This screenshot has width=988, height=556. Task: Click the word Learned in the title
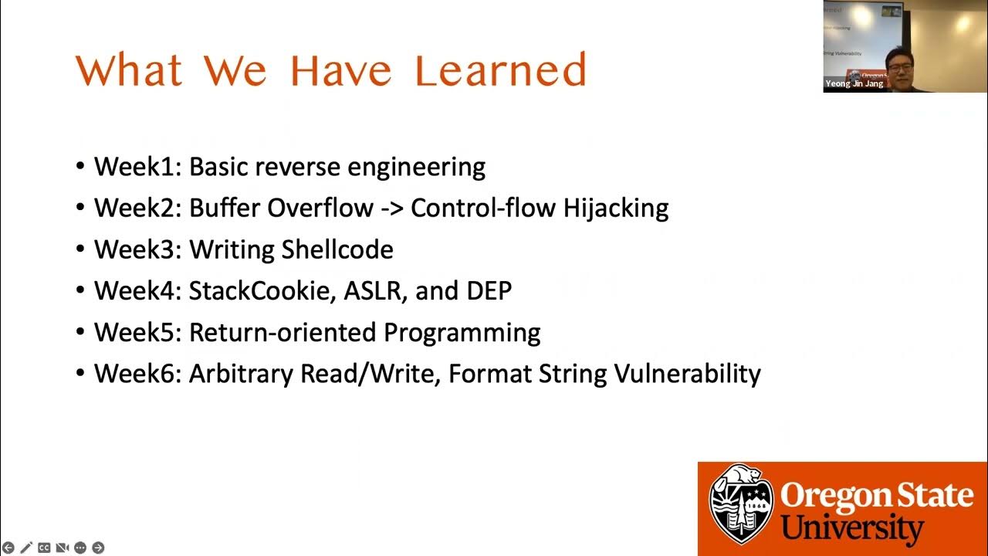coord(500,70)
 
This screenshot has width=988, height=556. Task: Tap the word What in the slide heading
coord(129,70)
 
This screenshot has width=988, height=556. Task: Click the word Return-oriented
coord(283,333)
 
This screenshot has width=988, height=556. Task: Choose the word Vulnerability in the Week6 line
coord(687,374)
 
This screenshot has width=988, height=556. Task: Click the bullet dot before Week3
coord(81,250)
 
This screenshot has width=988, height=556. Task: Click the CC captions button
coord(44,548)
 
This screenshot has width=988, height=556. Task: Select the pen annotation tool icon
coord(26,548)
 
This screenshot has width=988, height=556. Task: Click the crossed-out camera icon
coord(62,548)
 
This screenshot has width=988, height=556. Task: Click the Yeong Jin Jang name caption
coord(854,83)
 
